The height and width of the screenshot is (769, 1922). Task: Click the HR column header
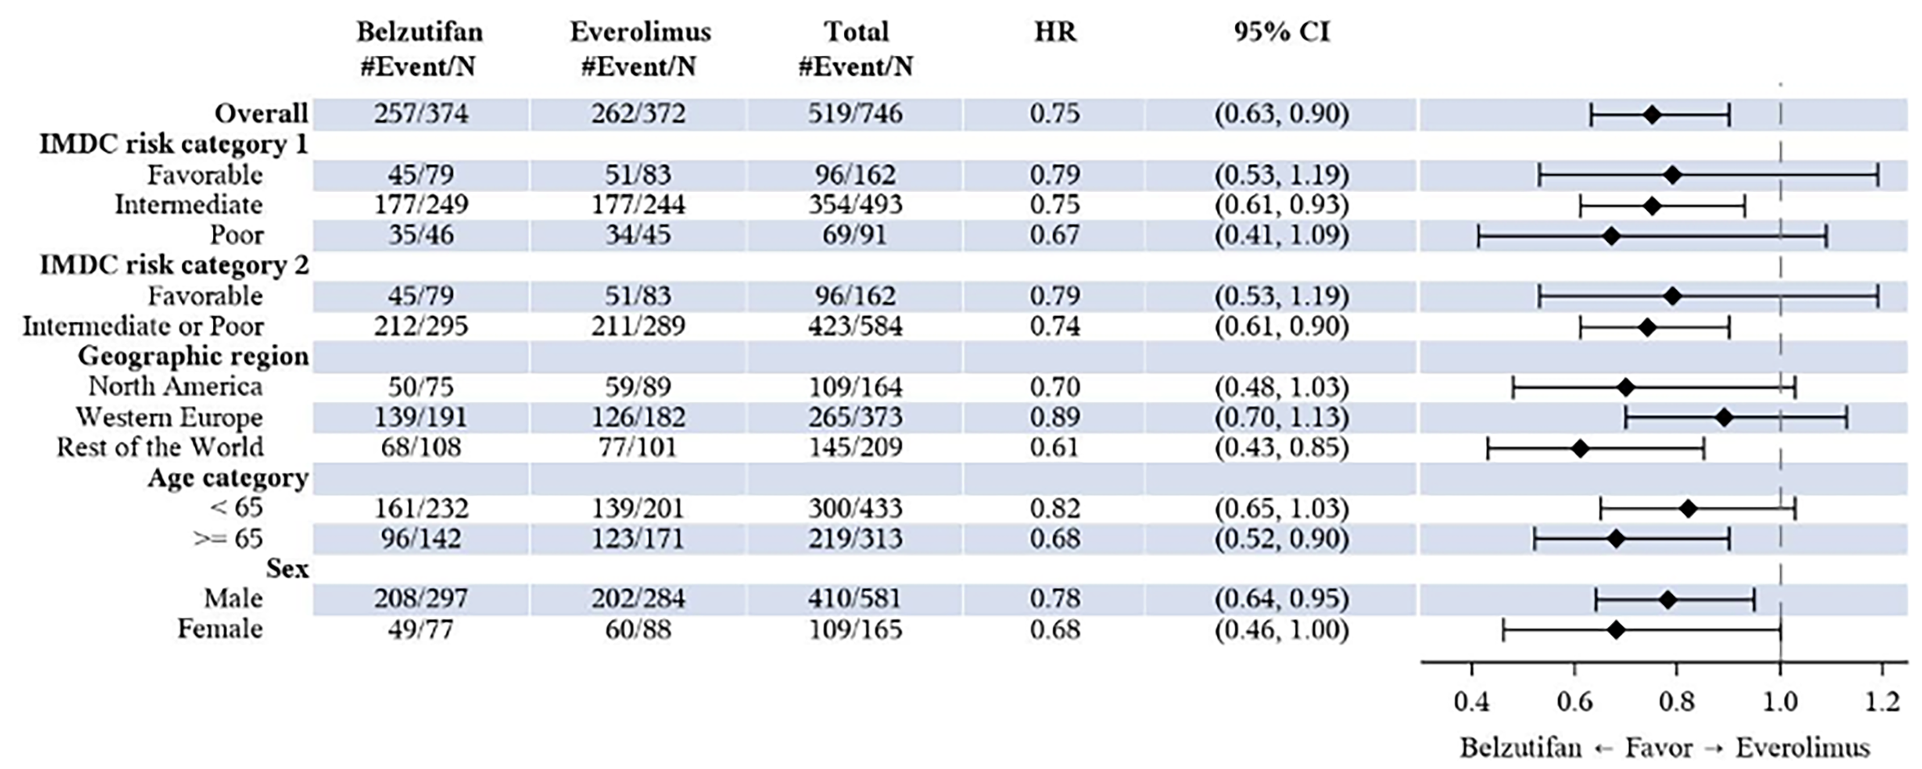tap(1055, 32)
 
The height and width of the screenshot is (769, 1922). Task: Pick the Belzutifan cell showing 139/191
tap(421, 417)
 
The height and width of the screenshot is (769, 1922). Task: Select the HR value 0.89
tap(1055, 417)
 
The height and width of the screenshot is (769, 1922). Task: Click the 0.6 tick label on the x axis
tap(1574, 702)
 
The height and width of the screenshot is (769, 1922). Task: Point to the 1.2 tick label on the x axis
tap(1882, 702)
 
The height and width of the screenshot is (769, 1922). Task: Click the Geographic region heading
tap(193, 357)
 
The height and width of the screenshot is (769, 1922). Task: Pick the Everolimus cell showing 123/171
tap(638, 539)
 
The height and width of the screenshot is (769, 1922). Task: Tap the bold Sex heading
tap(287, 569)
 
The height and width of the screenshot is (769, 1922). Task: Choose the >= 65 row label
tap(228, 539)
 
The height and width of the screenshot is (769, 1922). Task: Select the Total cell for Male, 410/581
tap(855, 599)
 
